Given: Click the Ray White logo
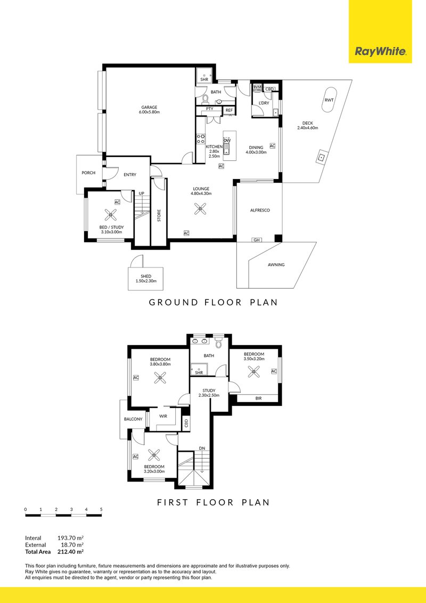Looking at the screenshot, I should coord(380,52).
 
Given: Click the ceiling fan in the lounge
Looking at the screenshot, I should coord(200,209).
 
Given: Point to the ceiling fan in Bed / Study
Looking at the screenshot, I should coord(111,215).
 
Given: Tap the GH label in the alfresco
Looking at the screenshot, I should coord(257,240).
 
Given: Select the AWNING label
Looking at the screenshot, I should coord(276,265).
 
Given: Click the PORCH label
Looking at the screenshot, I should coord(88,173).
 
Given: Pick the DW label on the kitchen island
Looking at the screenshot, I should coord(226,140).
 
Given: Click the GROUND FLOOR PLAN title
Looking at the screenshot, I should coord(213,303).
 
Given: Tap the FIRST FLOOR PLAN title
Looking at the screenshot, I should coord(213,502).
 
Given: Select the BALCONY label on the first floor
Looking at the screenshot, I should coord(133,419).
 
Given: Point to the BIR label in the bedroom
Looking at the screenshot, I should coord(258,397).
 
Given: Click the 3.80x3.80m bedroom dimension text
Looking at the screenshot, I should coord(159,364).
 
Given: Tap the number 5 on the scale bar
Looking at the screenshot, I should coord(101,510).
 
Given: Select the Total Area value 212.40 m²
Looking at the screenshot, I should coord(71,552).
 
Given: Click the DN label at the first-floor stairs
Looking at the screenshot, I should coord(202,449).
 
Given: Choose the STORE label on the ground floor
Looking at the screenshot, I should coord(159,215).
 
